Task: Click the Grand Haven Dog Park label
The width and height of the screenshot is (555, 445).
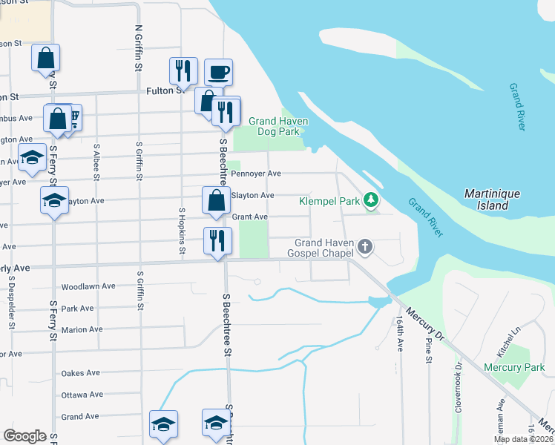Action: (278, 126)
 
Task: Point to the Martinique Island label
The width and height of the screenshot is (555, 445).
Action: (492, 199)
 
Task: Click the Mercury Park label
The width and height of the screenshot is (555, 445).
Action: (514, 367)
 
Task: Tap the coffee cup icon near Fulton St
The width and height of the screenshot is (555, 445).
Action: (219, 73)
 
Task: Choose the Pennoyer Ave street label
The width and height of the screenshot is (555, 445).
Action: (256, 174)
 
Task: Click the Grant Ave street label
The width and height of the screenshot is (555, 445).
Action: (249, 217)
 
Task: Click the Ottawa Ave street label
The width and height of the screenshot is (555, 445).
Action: (82, 395)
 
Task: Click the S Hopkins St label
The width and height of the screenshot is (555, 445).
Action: (182, 231)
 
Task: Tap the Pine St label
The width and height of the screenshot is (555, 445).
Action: (429, 349)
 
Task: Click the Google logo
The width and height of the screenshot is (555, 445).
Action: (24, 436)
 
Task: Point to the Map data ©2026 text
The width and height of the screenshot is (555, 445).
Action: (522, 439)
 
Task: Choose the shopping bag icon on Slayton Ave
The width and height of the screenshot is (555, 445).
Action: (216, 200)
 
